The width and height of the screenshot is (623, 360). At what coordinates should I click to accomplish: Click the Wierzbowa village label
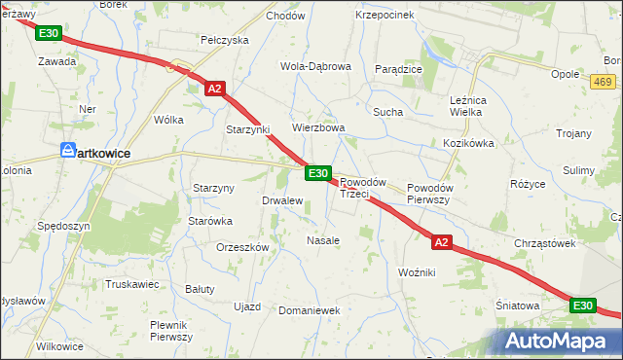319,127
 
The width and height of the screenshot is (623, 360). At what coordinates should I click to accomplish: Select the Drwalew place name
282,200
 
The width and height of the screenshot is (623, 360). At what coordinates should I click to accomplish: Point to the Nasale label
323,239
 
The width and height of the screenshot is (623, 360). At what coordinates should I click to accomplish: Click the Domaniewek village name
308,310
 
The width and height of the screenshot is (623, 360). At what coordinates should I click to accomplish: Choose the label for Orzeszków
242,247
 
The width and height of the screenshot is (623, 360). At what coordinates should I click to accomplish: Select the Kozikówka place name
469,143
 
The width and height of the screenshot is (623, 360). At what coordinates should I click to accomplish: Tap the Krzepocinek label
385,15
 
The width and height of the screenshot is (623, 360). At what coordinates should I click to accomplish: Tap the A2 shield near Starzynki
216,89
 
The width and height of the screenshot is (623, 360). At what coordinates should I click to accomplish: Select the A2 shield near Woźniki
442,242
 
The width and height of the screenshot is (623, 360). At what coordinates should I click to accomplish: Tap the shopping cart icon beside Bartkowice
67,151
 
